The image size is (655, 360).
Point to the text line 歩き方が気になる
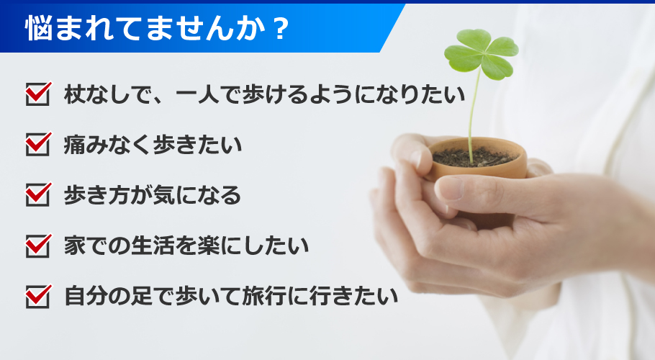(x=152, y=195)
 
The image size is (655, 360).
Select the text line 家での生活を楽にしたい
(x=186, y=246)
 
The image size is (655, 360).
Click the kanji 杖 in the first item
(x=75, y=94)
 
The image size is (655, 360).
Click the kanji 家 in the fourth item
(x=75, y=246)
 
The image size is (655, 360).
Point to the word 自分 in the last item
(x=86, y=296)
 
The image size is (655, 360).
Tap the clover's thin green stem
(x=472, y=115)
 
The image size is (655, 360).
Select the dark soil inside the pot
(x=473, y=156)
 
